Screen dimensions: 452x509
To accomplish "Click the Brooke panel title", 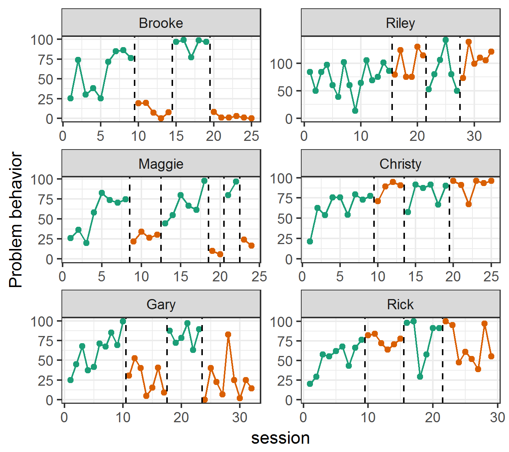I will click(161, 23).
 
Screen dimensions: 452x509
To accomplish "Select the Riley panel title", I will click(400, 23).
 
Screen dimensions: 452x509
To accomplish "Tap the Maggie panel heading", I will click(161, 164).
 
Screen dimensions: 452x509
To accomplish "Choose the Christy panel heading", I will click(400, 164).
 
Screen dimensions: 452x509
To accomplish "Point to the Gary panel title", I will click(161, 304).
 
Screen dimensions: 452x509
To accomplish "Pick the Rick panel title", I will click(400, 304).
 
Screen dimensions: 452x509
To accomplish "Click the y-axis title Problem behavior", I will click(16, 220).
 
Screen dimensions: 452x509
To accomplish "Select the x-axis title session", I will click(281, 438).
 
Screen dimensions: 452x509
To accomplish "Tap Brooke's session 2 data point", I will click(78, 60).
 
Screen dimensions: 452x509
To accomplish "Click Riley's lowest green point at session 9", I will click(355, 111).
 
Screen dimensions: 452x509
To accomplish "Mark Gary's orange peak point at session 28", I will click(228, 334).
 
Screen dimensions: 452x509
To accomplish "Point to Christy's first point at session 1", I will click(310, 241).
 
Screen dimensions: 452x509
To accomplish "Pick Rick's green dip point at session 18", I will click(420, 377).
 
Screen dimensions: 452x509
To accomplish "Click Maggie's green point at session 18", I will click(204, 181).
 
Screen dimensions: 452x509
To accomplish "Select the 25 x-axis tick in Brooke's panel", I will click(251, 136).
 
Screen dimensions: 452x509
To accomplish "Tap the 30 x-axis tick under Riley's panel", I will click(474, 136).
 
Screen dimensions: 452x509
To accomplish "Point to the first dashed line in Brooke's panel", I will click(135, 79).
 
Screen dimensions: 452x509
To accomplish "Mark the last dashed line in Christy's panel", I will click(449, 219).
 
